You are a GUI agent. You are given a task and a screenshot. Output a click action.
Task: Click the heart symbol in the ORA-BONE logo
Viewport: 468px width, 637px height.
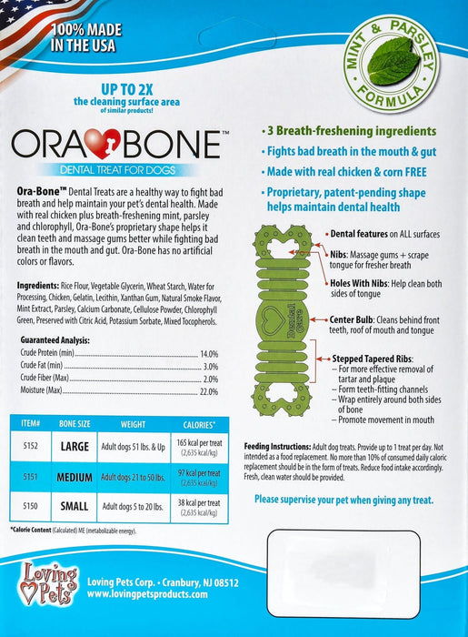[x=117, y=147]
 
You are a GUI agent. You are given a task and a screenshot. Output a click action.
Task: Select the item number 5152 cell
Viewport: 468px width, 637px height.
[x=28, y=447]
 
